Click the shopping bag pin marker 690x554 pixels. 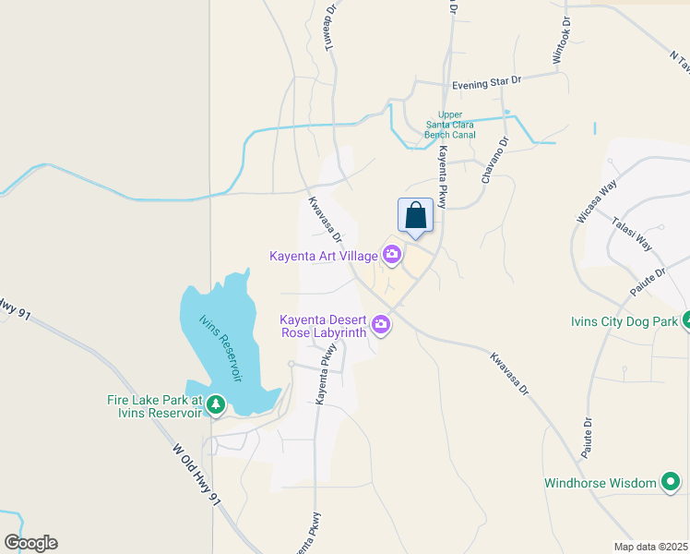415,216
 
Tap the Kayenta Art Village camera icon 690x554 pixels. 393,255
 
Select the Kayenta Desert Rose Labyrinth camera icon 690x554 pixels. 380,324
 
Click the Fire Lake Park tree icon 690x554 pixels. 215,404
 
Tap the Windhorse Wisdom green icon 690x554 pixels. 672,482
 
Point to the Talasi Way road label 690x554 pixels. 632,235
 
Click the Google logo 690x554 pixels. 30,543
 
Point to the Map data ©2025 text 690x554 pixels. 651,547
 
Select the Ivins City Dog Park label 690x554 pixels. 624,322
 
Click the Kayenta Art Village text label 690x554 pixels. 324,256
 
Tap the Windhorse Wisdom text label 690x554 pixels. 600,483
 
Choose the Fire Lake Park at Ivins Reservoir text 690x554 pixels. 154,406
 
